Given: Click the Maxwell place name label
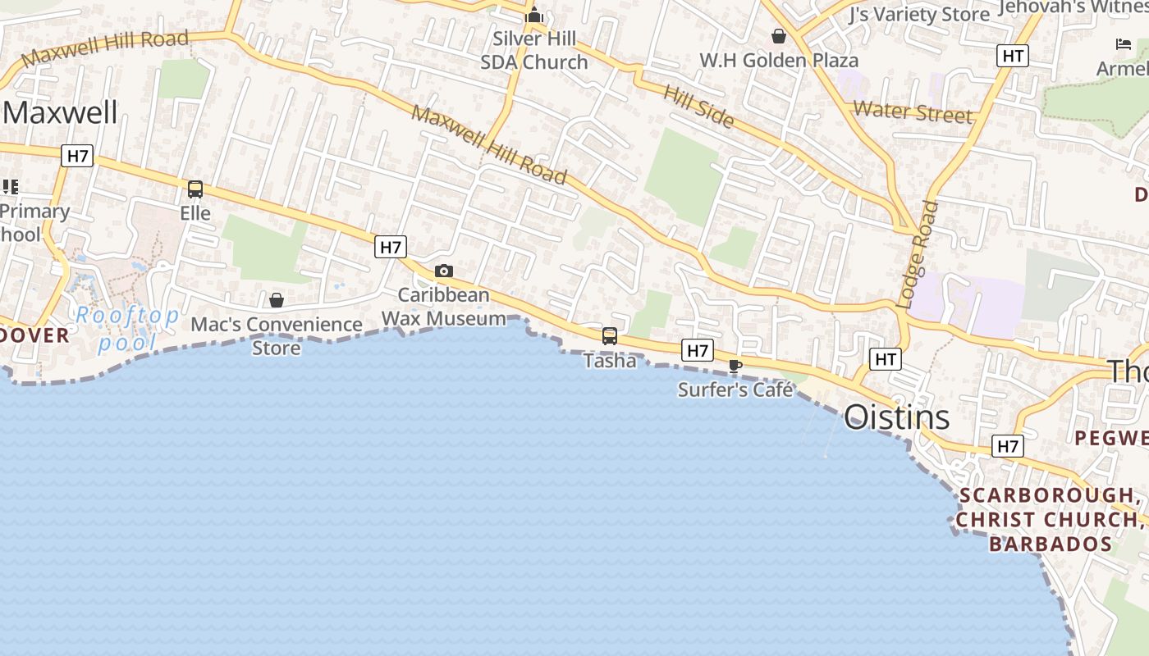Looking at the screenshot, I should [61, 112].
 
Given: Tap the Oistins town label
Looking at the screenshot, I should [897, 417].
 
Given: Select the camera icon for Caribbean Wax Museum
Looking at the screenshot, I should [443, 271].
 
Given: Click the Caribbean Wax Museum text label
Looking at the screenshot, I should [444, 307].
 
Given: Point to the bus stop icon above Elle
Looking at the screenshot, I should [195, 189].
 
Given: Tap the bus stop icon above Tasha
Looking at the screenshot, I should [610, 335].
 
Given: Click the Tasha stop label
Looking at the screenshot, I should [610, 361].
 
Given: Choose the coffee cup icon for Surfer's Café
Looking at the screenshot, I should [735, 366].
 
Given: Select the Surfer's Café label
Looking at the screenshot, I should [735, 389].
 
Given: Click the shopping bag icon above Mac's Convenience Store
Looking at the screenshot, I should [277, 300].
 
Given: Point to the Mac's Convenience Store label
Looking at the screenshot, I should [277, 336].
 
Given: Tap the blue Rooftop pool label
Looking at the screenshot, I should [127, 329].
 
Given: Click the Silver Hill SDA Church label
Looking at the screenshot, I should [534, 50].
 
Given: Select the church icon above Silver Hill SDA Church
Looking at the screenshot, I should [534, 15].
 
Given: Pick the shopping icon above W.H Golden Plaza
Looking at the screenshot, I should [778, 36].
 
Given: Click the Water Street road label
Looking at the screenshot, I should [913, 112].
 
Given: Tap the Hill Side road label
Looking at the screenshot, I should [698, 106].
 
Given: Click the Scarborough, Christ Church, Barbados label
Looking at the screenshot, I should [1045, 519].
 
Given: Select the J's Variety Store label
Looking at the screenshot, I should [919, 15].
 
